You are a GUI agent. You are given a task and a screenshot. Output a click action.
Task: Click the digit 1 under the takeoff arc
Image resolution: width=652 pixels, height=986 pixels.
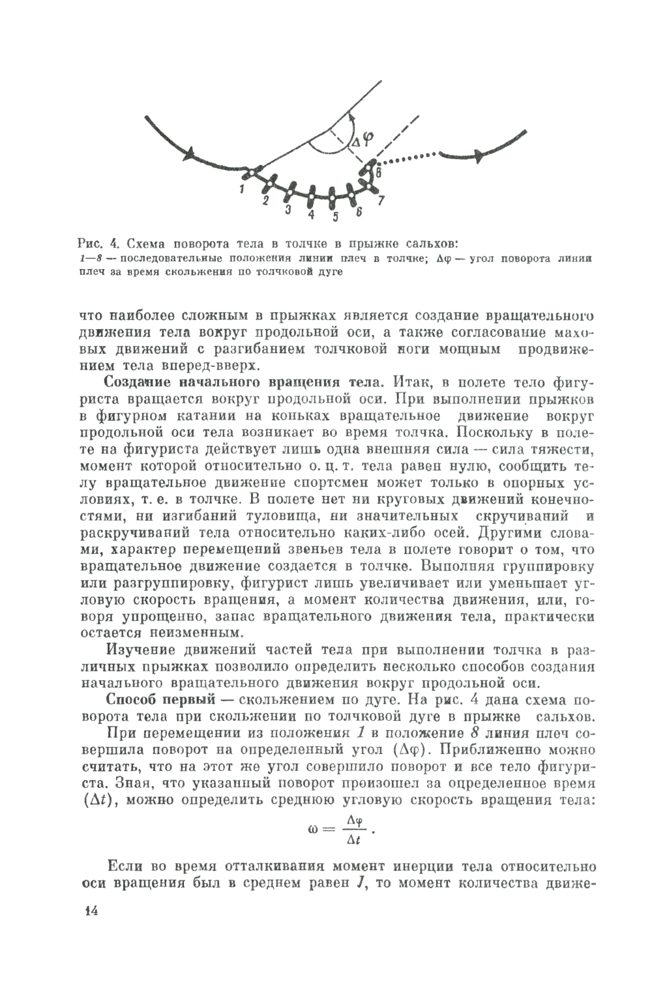click(241, 190)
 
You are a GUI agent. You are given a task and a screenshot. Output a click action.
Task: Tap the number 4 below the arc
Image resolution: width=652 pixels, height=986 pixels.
click(311, 214)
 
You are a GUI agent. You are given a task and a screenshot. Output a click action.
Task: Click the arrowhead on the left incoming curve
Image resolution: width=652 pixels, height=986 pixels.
click(190, 154)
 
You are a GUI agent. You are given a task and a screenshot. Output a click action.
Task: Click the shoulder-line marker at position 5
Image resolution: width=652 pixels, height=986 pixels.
click(333, 197)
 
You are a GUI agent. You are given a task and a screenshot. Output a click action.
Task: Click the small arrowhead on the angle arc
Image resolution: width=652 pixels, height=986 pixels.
click(350, 117)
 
